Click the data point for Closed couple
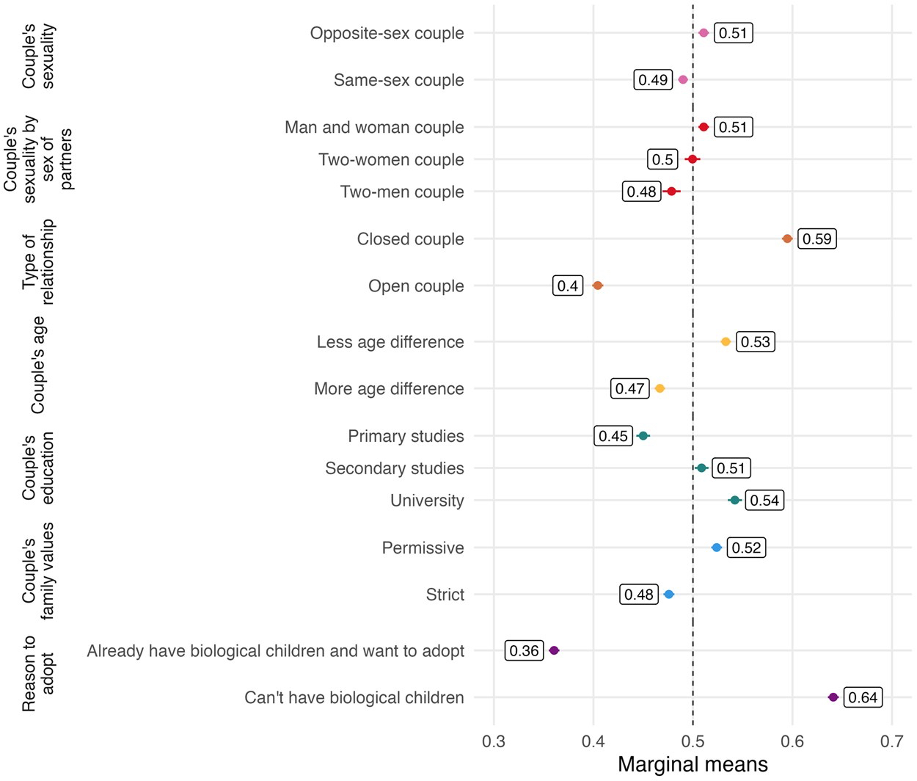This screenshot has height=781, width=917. (787, 239)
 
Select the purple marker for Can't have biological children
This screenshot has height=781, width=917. (833, 697)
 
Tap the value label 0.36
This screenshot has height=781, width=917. (524, 650)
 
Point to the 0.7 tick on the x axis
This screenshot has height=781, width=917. (891, 741)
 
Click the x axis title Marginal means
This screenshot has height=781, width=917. (693, 764)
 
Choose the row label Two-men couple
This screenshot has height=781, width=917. (402, 192)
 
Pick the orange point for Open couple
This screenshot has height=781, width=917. (597, 286)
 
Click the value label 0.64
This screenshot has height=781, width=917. (863, 697)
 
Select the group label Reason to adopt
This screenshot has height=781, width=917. (38, 674)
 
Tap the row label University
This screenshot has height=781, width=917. (427, 501)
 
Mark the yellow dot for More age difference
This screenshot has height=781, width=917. (660, 388)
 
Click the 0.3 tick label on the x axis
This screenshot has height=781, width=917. (494, 741)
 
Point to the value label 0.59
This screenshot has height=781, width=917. (816, 239)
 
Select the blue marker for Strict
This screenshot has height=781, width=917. (668, 595)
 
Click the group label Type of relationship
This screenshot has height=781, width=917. (38, 262)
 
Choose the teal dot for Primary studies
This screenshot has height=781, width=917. (643, 436)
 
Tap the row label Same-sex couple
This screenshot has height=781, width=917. (398, 80)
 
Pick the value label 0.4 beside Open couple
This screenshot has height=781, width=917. (568, 286)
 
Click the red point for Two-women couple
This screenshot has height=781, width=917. (692, 159)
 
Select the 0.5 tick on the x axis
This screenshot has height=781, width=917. (693, 741)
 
